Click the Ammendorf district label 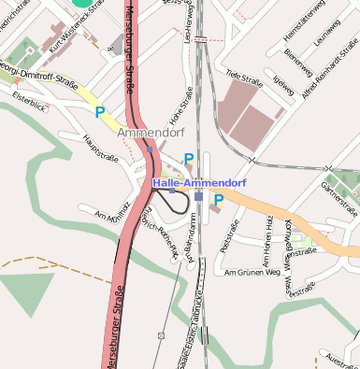(150, 135)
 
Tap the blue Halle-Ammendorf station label (193, 183)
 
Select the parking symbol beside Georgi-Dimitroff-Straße (100, 112)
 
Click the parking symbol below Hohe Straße (189, 159)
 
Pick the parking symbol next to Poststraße (218, 199)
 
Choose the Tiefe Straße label (244, 80)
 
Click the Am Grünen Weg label (252, 273)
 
